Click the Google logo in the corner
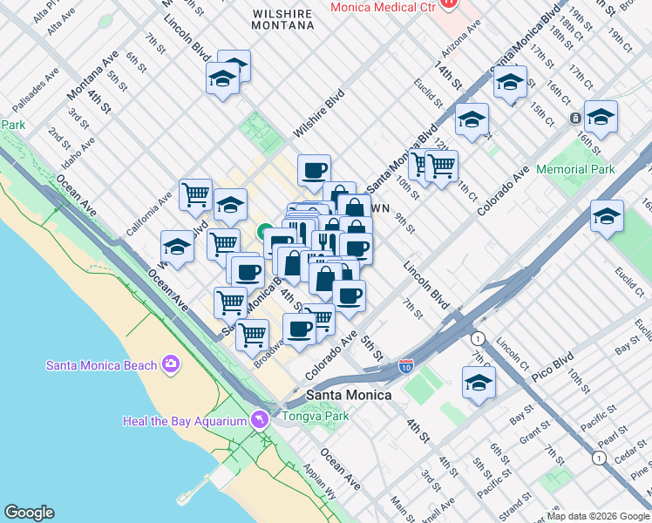click(30, 513)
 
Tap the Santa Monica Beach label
click(101, 365)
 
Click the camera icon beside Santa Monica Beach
click(170, 363)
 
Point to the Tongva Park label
click(315, 416)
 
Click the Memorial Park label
click(575, 169)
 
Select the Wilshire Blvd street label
click(319, 113)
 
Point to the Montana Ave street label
click(92, 74)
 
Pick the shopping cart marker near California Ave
click(195, 194)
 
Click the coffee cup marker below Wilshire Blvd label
click(314, 169)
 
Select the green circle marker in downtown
click(263, 232)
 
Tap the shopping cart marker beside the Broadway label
click(252, 332)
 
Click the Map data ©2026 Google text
click(598, 516)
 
